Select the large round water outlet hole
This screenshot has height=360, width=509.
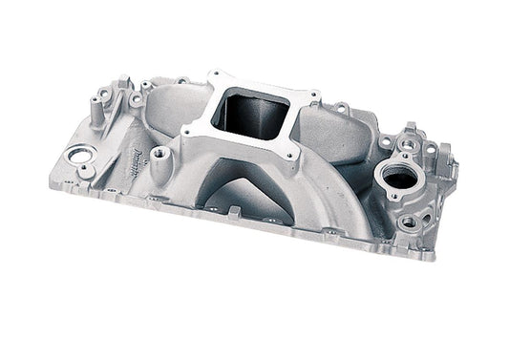point(401,177)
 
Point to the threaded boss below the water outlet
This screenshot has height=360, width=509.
point(409,221)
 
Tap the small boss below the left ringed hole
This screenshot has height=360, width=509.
point(86,173)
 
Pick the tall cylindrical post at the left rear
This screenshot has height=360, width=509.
point(101,98)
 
